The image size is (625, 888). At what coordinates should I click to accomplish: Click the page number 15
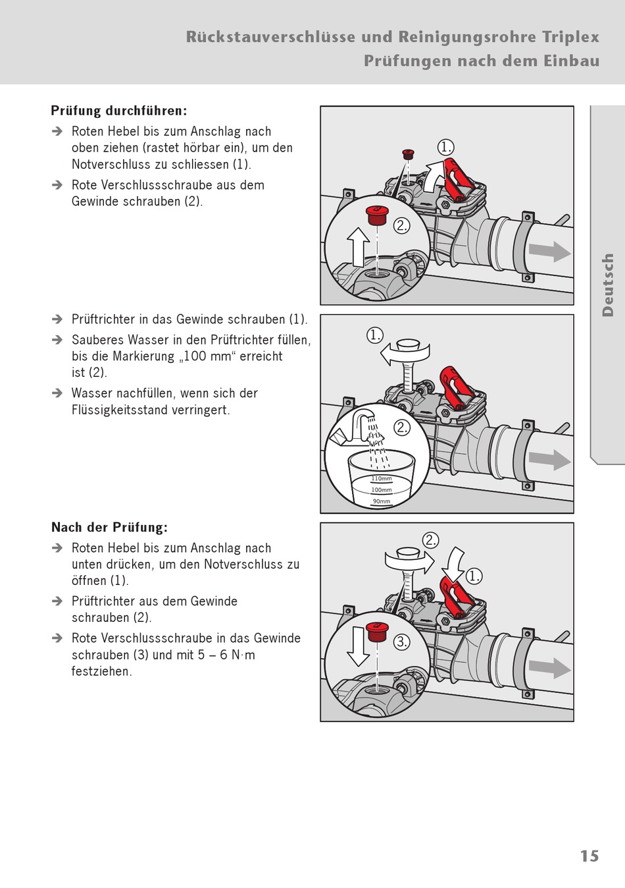click(589, 856)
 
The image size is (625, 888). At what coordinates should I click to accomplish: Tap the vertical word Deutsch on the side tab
click(607, 285)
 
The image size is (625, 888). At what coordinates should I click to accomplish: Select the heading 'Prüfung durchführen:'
click(118, 111)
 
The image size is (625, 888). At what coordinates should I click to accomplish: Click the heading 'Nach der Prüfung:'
click(110, 527)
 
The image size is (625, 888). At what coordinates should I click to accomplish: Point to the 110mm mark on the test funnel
click(382, 478)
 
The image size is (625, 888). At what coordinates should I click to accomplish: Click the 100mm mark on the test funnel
click(382, 490)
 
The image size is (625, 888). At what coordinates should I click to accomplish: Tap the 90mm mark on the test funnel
click(382, 501)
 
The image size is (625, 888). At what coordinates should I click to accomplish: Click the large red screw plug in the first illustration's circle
click(377, 215)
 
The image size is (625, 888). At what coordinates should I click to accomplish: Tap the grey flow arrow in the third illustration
click(550, 669)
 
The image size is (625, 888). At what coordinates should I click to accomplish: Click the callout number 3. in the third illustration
click(402, 642)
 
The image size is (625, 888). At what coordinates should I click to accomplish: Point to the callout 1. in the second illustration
click(374, 335)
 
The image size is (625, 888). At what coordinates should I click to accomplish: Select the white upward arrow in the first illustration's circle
click(358, 247)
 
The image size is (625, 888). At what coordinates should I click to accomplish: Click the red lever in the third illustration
click(457, 596)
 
